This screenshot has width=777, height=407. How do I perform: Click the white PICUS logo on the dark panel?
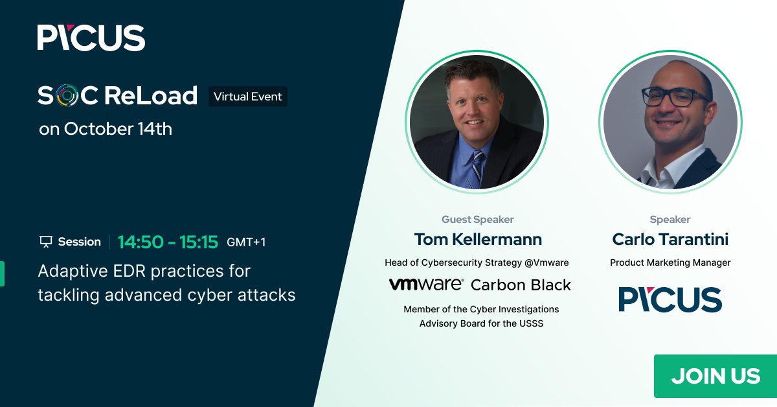click(x=91, y=38)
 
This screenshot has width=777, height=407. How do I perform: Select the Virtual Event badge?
click(x=248, y=97)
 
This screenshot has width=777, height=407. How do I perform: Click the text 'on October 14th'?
click(x=106, y=129)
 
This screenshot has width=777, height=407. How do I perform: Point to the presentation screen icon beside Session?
click(x=45, y=242)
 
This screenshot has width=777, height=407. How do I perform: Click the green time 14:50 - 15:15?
click(x=168, y=242)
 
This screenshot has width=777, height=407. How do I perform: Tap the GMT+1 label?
click(x=246, y=242)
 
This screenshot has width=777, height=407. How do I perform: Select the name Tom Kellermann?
click(x=478, y=239)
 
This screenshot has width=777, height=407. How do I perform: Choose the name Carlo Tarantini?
click(x=670, y=239)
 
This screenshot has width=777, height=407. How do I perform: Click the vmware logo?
click(x=426, y=284)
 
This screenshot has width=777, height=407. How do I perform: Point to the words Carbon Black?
click(x=521, y=285)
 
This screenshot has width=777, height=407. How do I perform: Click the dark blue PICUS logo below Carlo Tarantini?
click(x=670, y=299)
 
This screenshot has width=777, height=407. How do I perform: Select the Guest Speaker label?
click(x=478, y=220)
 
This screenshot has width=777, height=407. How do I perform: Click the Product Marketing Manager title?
click(x=670, y=262)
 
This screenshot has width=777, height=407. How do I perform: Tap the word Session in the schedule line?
click(x=79, y=242)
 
